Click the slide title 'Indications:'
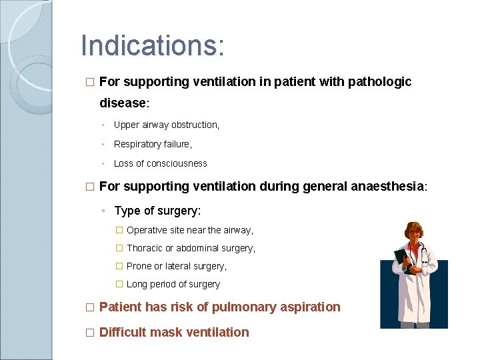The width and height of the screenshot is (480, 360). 153,45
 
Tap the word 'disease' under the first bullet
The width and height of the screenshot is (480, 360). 122,103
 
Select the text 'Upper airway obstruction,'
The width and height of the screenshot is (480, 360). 166,125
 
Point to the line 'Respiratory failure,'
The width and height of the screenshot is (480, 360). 153,144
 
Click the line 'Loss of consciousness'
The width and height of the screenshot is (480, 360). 160,163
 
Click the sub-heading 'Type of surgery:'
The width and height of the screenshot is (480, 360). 157,211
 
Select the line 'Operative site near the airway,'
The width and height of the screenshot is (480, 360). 189,230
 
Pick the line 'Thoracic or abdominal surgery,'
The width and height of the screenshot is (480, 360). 191,248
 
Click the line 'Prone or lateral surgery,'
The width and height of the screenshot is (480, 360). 176,266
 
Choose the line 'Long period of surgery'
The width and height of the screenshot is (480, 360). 173,284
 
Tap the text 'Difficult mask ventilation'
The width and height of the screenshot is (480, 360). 173,332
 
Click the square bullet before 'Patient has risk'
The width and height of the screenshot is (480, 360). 90,307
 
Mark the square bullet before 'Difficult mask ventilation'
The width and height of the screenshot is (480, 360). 90,333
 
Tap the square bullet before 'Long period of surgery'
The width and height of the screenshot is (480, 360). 119,284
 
